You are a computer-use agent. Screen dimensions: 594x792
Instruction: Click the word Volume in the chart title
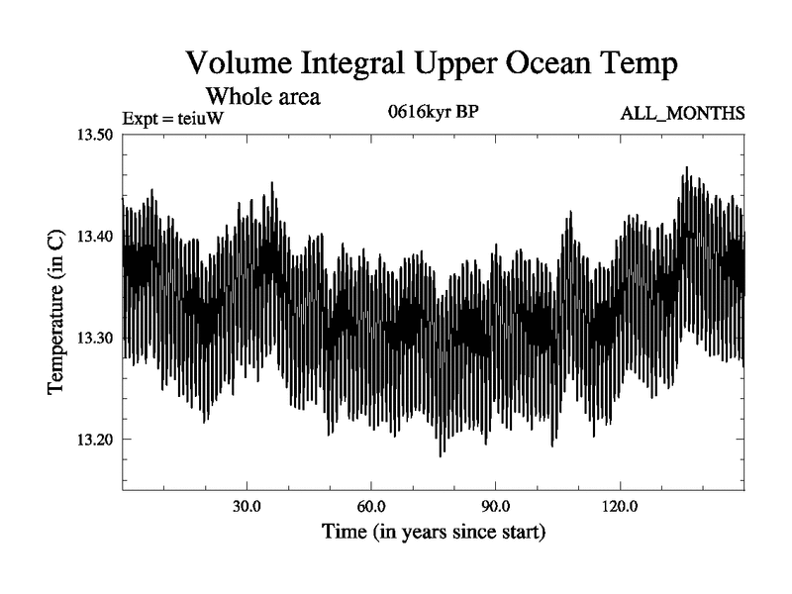pyautogui.click(x=237, y=66)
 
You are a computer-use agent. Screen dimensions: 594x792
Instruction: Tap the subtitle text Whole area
pyautogui.click(x=262, y=98)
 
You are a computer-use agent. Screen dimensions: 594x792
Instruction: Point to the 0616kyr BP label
pyautogui.click(x=434, y=112)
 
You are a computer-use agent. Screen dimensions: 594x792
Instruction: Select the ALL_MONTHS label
pyautogui.click(x=682, y=114)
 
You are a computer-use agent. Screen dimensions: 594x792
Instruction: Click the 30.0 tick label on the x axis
pyautogui.click(x=247, y=507)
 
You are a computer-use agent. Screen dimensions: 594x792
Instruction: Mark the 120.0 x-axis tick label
pyautogui.click(x=620, y=507)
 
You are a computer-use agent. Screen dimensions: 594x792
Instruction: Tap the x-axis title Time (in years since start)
pyautogui.click(x=433, y=533)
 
